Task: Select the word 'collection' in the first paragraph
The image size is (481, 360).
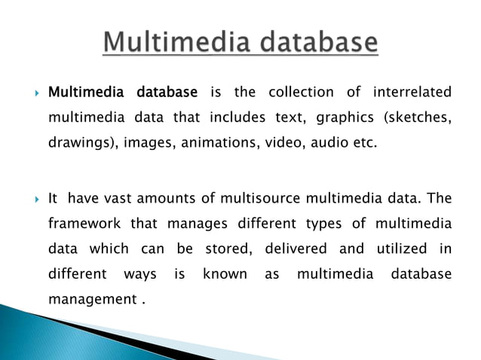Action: coord(300,93)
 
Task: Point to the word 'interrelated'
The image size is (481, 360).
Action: coord(412,93)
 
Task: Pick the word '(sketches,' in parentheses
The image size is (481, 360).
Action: coord(418,118)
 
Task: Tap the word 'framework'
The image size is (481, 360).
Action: coord(82,224)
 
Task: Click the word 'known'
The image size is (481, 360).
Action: coord(225,274)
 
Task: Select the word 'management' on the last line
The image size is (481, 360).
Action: coord(91,300)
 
